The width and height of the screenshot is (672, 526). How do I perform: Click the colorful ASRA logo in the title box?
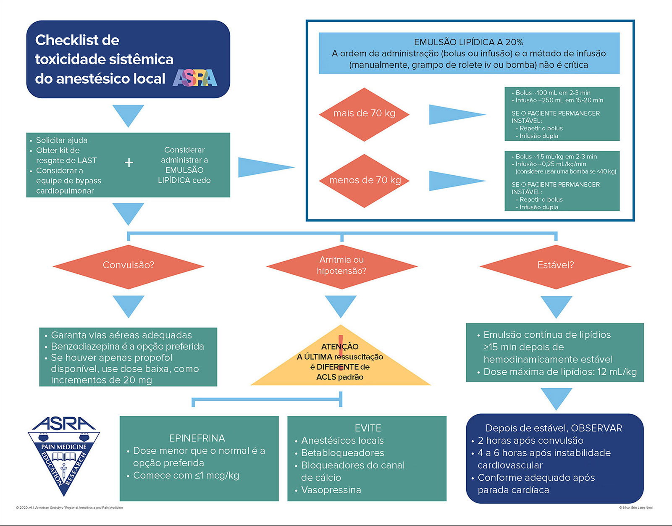click(195, 78)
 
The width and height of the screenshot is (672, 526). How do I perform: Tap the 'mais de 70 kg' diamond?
click(364, 114)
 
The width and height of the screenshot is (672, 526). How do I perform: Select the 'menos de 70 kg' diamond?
click(364, 181)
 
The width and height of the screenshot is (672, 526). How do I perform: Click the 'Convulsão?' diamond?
click(129, 266)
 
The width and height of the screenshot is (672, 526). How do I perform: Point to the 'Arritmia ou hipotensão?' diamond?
click(342, 266)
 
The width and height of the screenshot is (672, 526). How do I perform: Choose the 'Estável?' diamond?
click(555, 266)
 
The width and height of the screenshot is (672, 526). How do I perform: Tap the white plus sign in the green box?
click(129, 163)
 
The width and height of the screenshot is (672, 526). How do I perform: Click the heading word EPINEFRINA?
click(197, 438)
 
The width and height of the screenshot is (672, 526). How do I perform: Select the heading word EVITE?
click(367, 428)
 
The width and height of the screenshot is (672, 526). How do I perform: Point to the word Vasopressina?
click(331, 490)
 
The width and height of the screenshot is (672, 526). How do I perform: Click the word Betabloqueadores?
click(342, 453)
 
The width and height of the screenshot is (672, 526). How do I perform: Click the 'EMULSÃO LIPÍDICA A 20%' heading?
click(469, 42)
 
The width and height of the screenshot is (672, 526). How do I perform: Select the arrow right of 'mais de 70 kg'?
click(457, 114)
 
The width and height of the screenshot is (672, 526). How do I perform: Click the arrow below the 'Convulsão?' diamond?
click(129, 306)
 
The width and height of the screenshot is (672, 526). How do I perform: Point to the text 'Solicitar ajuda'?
click(62, 140)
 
